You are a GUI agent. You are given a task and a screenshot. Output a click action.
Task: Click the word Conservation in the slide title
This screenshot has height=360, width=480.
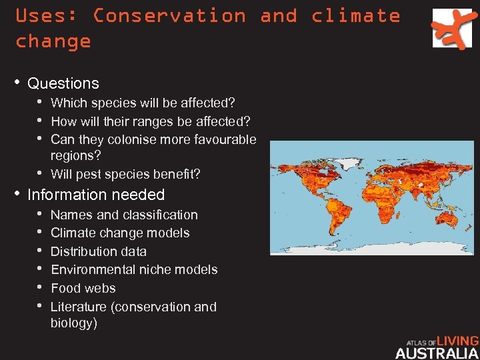(169, 15)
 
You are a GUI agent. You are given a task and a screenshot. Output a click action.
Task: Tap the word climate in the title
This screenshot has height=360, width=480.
(355, 15)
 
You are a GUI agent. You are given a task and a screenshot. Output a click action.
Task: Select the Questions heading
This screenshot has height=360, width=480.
(63, 83)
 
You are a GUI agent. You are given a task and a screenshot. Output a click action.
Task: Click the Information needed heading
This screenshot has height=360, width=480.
(96, 195)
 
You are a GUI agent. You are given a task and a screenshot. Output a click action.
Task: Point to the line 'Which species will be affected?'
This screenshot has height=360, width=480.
(143, 103)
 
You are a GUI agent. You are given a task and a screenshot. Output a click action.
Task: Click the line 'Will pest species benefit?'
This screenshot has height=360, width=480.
(125, 175)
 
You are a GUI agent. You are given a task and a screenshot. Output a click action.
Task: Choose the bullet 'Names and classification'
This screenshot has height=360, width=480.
(124, 215)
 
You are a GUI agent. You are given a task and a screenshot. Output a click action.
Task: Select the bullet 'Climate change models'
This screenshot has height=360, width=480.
(120, 233)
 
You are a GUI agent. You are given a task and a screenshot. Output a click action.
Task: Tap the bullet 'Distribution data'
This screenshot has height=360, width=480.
(99, 251)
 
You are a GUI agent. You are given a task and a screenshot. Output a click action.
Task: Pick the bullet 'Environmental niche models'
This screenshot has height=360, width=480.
(134, 269)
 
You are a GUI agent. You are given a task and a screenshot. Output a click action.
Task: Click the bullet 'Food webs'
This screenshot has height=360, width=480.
(83, 288)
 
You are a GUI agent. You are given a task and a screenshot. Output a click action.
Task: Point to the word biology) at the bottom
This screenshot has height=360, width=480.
(74, 323)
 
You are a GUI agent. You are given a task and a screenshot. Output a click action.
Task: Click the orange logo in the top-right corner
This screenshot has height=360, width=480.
(451, 28)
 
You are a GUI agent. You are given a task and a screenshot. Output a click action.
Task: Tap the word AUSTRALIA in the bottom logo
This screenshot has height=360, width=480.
(437, 353)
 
